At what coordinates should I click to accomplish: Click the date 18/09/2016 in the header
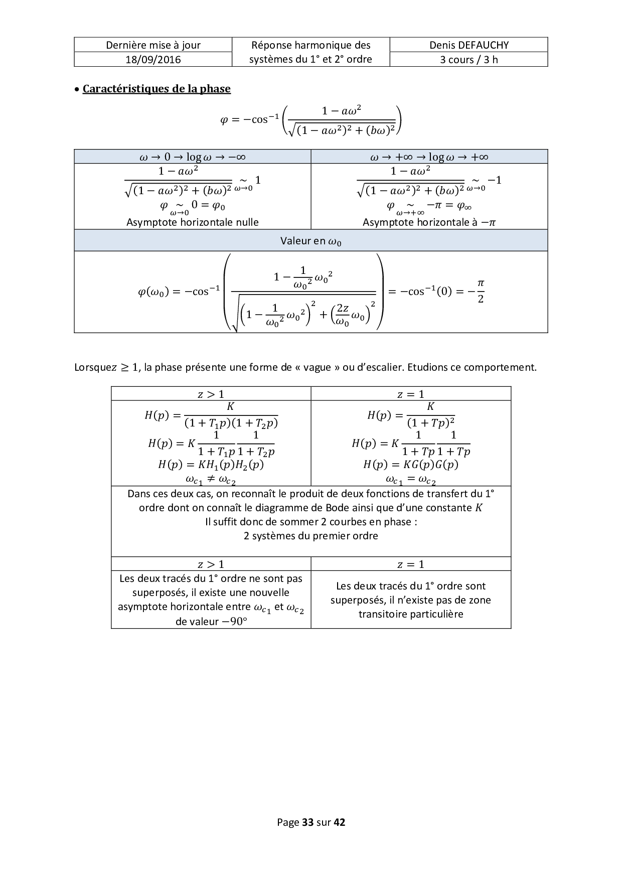[x=153, y=60]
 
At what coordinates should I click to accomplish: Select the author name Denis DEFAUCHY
[x=469, y=45]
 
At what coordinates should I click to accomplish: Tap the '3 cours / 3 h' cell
[x=469, y=60]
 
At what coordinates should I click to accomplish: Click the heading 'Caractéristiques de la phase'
[x=156, y=89]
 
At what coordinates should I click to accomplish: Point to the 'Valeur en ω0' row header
[x=310, y=241]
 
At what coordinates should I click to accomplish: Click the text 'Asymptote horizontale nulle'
[x=193, y=222]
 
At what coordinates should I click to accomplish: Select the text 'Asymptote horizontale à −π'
[x=429, y=222]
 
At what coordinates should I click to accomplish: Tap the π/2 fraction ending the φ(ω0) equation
[x=480, y=291]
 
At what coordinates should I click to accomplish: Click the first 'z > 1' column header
[x=211, y=394]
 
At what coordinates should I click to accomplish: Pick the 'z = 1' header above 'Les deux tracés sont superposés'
[x=410, y=564]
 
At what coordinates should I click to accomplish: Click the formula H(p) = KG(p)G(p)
[x=410, y=465]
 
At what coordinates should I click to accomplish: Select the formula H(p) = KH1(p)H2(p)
[x=211, y=465]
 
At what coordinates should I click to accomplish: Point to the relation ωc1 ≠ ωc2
[x=211, y=480]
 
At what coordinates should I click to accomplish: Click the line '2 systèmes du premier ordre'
[x=310, y=536]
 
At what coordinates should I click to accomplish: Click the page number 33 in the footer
[x=307, y=822]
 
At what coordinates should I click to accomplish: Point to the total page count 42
[x=339, y=822]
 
